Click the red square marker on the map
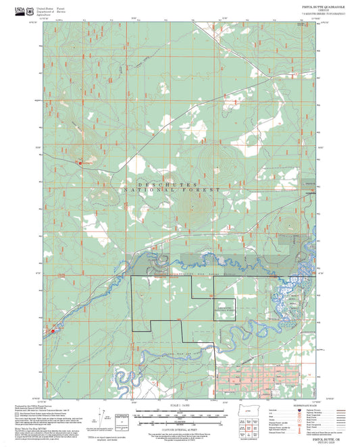tap(80, 163)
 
